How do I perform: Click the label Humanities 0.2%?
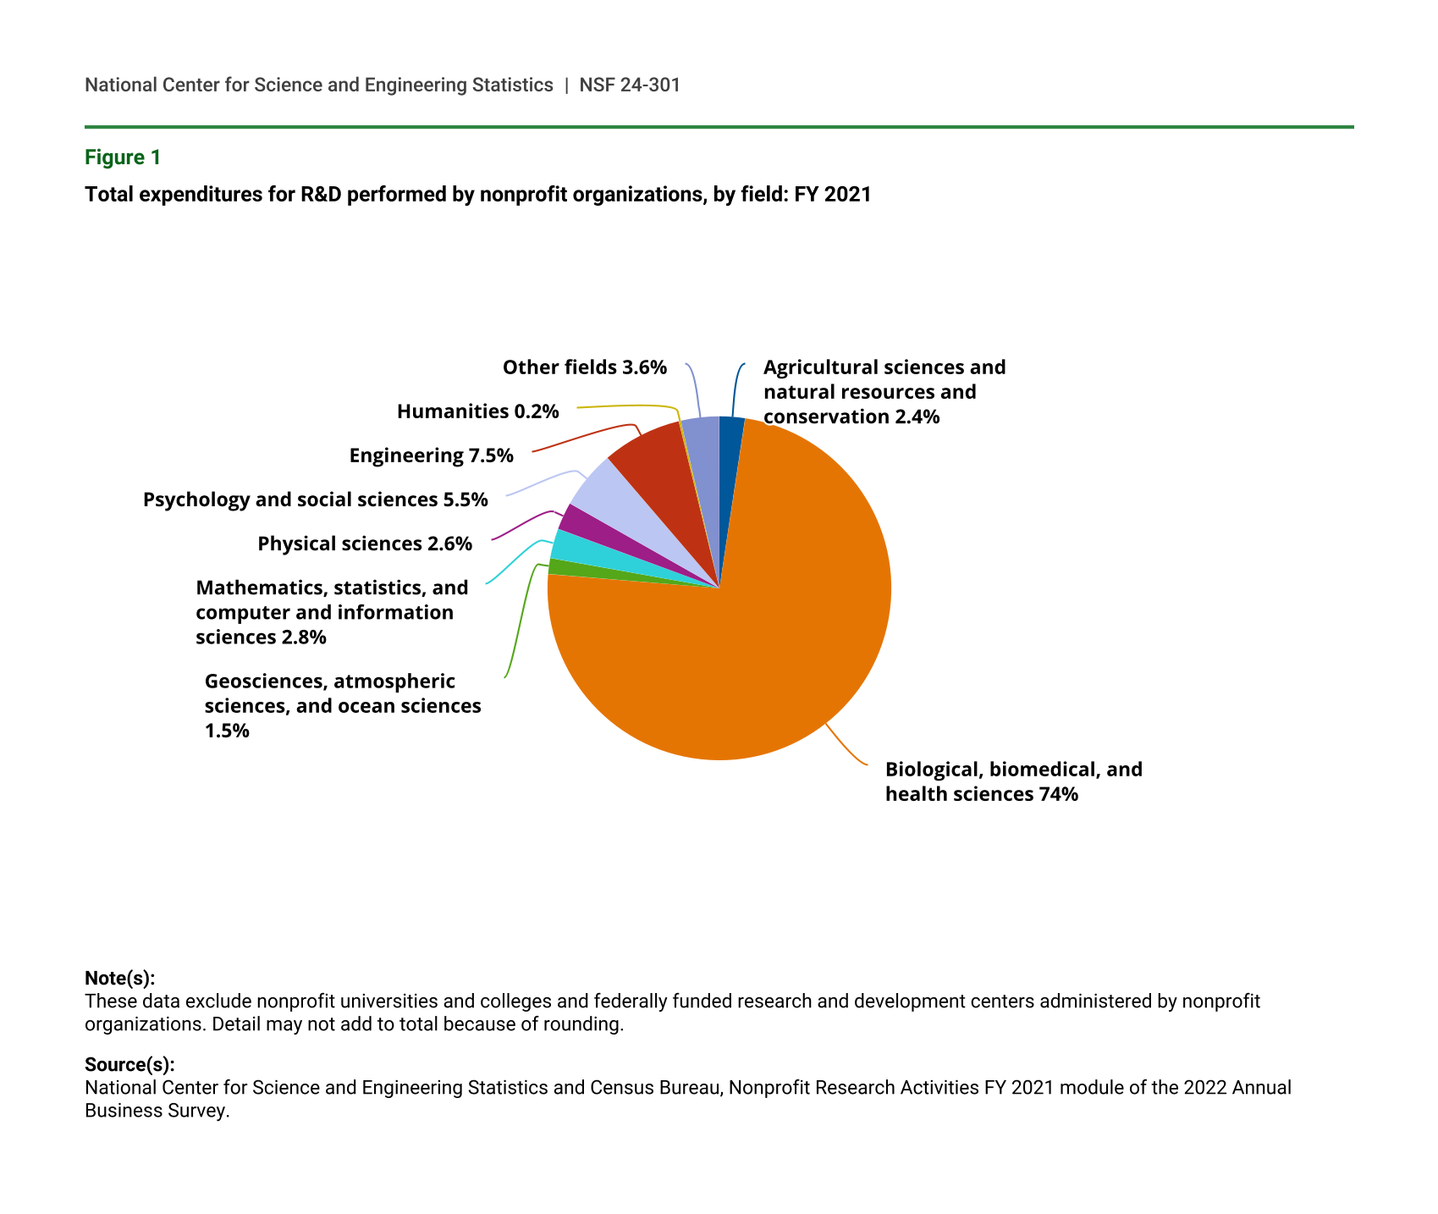tap(477, 411)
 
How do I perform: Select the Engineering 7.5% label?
tap(431, 455)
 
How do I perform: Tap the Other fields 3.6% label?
tap(584, 367)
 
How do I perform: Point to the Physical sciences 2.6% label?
tap(365, 544)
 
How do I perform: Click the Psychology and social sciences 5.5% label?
tap(315, 499)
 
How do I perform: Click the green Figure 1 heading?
tap(122, 157)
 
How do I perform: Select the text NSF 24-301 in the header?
tap(630, 85)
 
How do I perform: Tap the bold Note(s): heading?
tap(119, 978)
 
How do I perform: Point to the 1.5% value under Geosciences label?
tap(227, 731)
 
